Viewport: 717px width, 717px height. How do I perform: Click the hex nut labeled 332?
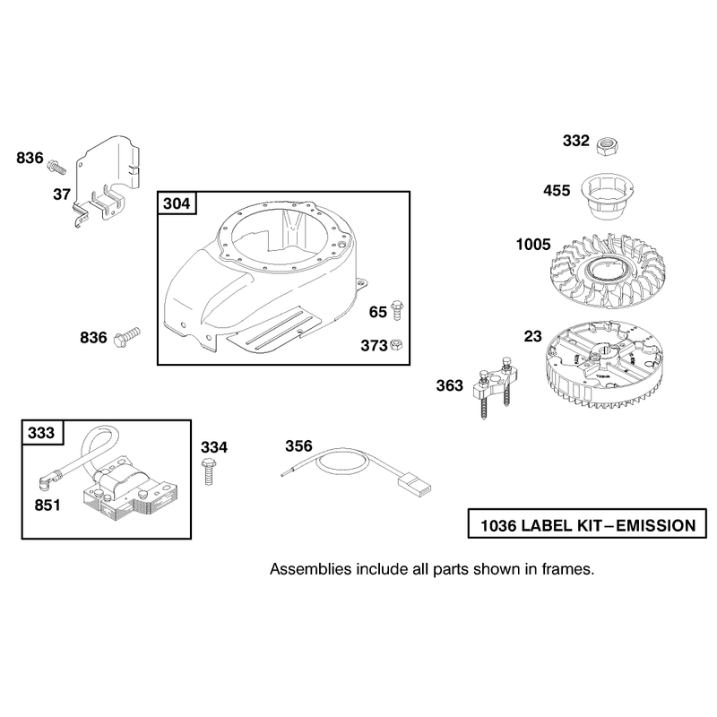pyautogui.click(x=608, y=147)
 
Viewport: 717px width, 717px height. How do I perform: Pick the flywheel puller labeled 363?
pyautogui.click(x=495, y=386)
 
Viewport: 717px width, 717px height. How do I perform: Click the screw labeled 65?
pyautogui.click(x=397, y=310)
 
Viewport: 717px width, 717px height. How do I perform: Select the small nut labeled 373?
pyautogui.click(x=396, y=345)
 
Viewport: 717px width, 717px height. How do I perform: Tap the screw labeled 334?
pyautogui.click(x=208, y=472)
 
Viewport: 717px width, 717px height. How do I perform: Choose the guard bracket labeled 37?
pyautogui.click(x=108, y=181)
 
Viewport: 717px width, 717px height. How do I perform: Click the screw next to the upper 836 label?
pyautogui.click(x=56, y=167)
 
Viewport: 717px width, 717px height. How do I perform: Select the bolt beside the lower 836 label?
pyautogui.click(x=126, y=338)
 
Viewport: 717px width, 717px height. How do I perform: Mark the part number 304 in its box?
pyautogui.click(x=177, y=203)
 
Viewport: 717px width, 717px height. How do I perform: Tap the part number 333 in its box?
pyautogui.click(x=41, y=433)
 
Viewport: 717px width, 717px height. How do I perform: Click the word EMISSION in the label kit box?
pyautogui.click(x=656, y=526)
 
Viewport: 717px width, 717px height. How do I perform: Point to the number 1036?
pyautogui.click(x=498, y=526)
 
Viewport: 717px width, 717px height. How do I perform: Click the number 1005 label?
pyautogui.click(x=533, y=245)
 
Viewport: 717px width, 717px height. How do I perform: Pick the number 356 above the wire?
pyautogui.click(x=298, y=445)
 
